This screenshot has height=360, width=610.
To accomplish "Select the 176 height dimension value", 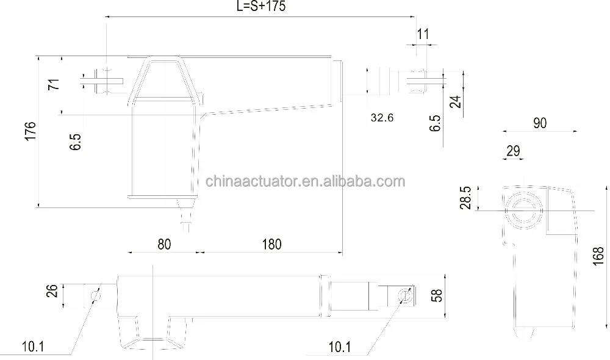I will tap(31, 132).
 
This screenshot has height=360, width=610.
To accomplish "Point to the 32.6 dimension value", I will tap(381, 117).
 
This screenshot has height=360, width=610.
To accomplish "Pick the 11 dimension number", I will tap(423, 34).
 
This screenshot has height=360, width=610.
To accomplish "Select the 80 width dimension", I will tap(163, 244).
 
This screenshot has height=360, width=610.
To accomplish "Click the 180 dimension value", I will tap(271, 244).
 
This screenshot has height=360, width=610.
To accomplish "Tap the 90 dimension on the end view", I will tap(539, 123).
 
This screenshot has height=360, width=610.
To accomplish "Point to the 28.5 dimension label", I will tap(467, 198).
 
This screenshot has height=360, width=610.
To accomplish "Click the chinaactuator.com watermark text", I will tap(305, 182).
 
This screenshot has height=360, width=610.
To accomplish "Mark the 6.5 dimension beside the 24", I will tap(434, 123).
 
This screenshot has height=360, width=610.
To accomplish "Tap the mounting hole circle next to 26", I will tap(94, 296).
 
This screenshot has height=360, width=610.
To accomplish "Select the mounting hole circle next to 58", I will tap(402, 296).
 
